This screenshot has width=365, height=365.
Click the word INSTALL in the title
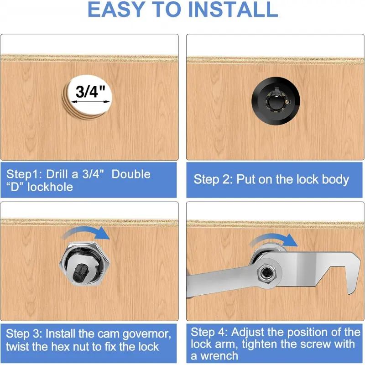236,9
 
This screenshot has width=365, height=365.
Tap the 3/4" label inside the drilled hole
90,92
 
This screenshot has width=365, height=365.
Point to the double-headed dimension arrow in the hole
90,102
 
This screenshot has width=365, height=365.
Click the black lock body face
276,101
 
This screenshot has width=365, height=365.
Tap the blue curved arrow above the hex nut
86,233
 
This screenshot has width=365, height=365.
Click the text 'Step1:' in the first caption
24,174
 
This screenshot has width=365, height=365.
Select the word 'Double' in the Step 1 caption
131,174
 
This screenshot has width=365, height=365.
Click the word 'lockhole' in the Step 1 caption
50,187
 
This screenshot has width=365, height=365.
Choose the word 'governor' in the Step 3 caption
146,334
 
